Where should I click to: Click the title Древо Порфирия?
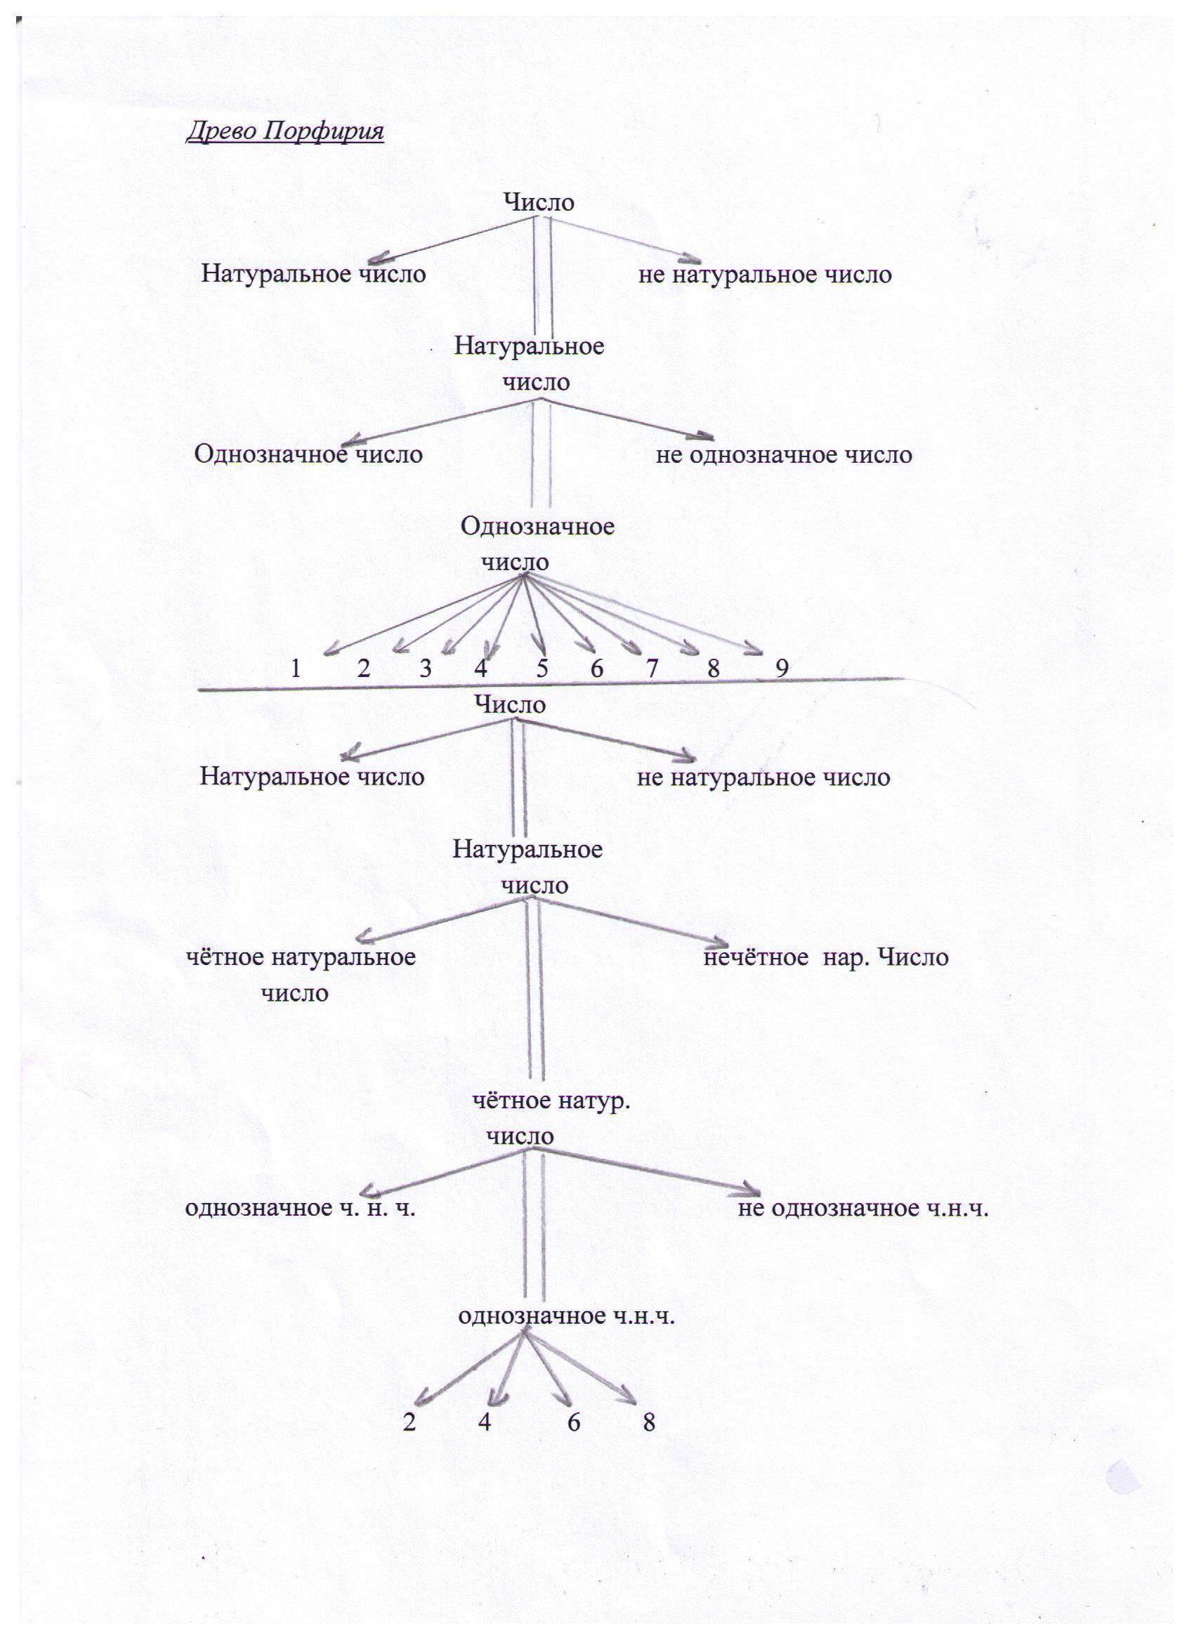pyautogui.click(x=285, y=133)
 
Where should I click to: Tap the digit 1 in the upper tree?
pyautogui.click(x=296, y=668)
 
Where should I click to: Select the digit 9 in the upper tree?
pyautogui.click(x=782, y=668)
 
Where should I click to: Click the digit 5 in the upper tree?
pyautogui.click(x=542, y=668)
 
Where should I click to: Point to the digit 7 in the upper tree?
pyautogui.click(x=652, y=668)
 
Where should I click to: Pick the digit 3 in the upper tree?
pyautogui.click(x=426, y=668)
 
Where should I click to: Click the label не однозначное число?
pyautogui.click(x=784, y=455)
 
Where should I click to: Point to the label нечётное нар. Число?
pyautogui.click(x=826, y=958)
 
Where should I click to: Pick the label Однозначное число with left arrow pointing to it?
pyautogui.click(x=308, y=454)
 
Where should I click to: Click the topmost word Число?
pyautogui.click(x=539, y=203)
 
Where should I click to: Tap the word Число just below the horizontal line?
pyautogui.click(x=510, y=704)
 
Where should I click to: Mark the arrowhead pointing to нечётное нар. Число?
pyautogui.click(x=719, y=943)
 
